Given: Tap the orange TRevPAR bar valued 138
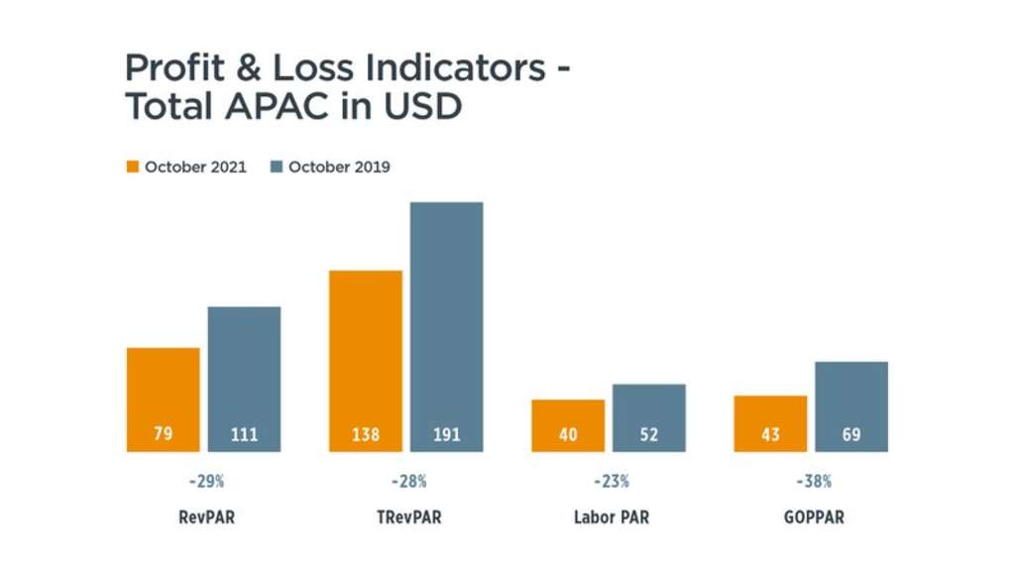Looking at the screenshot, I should tap(366, 361).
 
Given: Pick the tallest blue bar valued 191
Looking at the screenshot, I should tap(446, 327).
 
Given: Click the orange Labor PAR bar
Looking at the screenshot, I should tap(568, 425).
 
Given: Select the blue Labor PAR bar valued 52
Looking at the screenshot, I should tap(649, 417).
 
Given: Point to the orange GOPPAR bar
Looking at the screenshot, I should tap(770, 423).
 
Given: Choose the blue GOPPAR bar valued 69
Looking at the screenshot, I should tap(851, 406).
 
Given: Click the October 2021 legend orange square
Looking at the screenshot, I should tap(132, 167).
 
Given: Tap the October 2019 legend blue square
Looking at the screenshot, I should tap(277, 167).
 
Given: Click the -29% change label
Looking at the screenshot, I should tap(206, 482).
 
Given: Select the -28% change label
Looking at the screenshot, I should tap(407, 482).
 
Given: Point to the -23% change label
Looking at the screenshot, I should tap(611, 482).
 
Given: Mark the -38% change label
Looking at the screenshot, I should tap(813, 482).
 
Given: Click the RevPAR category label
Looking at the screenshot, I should tap(206, 517).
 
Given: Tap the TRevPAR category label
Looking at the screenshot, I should tap(407, 517).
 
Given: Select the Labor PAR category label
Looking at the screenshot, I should tap(611, 517).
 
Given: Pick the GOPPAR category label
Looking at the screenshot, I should tap(813, 517).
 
